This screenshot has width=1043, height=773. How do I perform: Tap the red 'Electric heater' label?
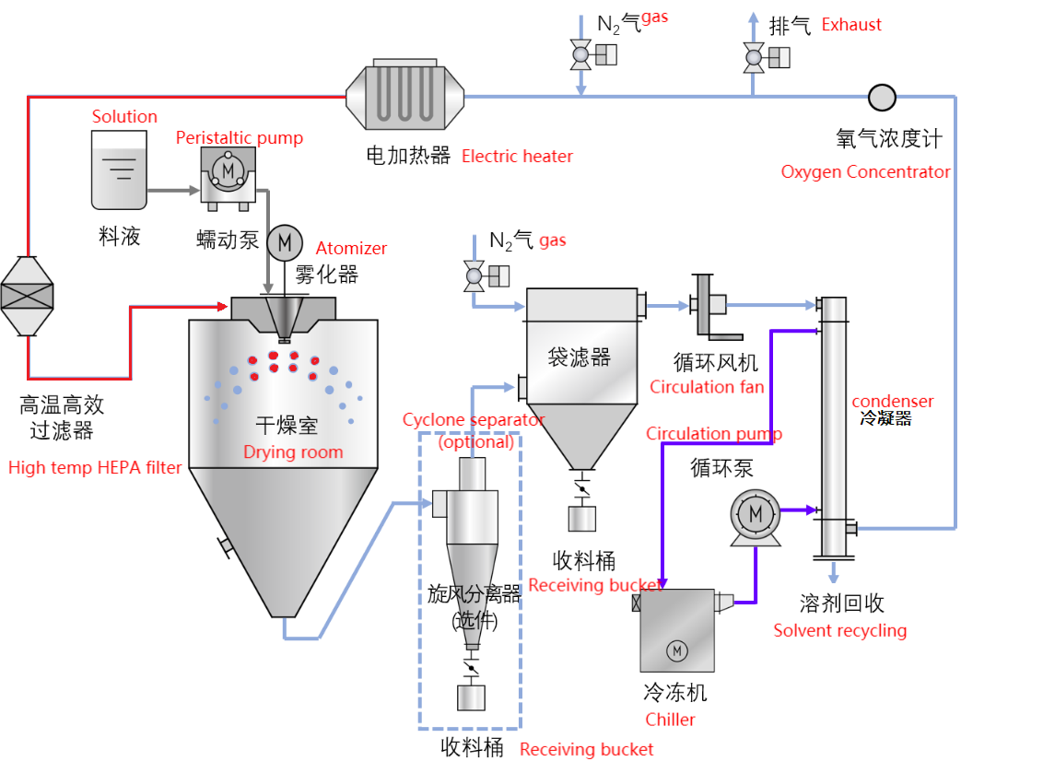tap(517, 157)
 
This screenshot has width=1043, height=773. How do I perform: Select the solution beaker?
tap(119, 170)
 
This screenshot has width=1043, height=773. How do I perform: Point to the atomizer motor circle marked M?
tap(285, 242)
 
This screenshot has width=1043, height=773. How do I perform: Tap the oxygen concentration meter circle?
tap(882, 96)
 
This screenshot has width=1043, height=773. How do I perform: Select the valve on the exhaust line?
tap(754, 58)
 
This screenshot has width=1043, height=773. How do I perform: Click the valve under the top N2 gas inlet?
tap(581, 56)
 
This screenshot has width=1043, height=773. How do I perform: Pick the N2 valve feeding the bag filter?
tap(475, 275)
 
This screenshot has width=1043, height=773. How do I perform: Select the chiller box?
tap(677, 630)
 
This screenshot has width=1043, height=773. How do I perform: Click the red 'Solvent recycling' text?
tap(839, 631)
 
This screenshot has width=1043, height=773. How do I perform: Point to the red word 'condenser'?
tap(892, 402)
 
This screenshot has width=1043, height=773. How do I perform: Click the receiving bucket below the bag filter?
tap(581, 518)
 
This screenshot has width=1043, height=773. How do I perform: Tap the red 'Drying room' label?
tap(293, 452)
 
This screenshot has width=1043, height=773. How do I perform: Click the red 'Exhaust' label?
tap(851, 25)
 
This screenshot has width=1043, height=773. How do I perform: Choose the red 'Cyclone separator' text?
tap(474, 420)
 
